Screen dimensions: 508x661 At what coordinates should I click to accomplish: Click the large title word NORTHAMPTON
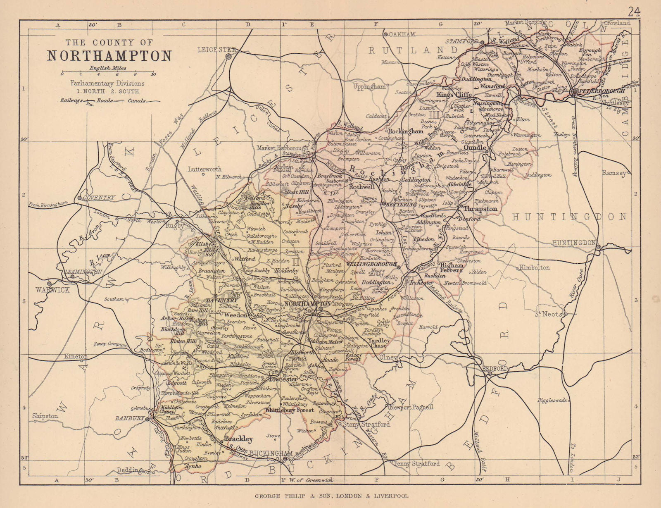109,56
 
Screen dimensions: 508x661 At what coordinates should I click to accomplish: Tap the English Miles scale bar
107,72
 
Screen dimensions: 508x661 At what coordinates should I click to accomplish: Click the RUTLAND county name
413,50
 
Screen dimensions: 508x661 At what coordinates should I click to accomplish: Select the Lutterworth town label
204,169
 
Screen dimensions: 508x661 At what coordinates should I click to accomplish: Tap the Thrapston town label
480,209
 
